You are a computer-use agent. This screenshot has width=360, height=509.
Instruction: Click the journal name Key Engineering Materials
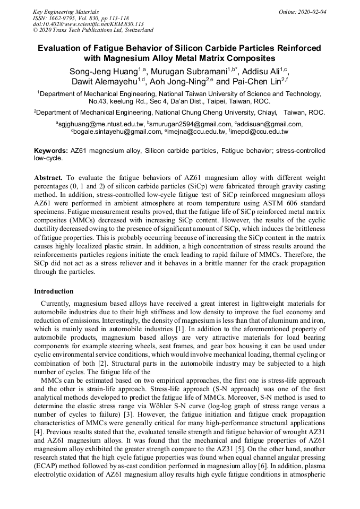tap(66, 11)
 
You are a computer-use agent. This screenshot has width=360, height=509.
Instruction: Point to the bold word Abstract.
tap(48, 177)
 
